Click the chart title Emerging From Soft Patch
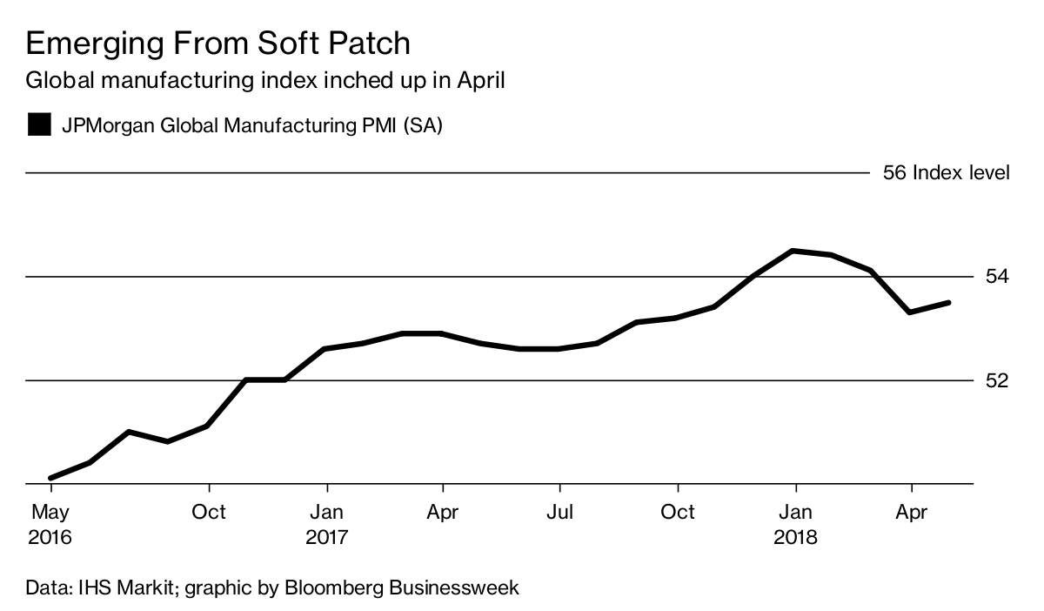(217, 44)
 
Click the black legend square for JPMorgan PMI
(39, 124)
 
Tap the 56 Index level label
(946, 172)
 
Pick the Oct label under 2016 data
(209, 512)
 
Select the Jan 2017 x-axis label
(326, 524)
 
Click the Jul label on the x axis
(559, 512)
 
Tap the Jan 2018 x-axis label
(795, 524)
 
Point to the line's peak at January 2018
(793, 251)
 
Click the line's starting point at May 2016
(52, 478)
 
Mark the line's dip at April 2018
(910, 312)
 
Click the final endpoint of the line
(948, 302)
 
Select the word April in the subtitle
(478, 81)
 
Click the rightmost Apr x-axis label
(911, 512)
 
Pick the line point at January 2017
(325, 348)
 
